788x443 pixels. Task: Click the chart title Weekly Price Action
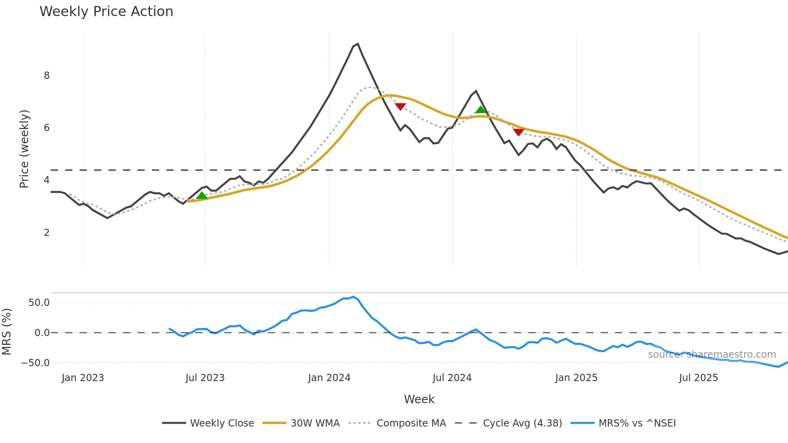pyautogui.click(x=106, y=12)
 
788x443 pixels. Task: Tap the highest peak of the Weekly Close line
pyautogui.click(x=357, y=44)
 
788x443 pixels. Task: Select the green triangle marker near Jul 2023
pyautogui.click(x=202, y=195)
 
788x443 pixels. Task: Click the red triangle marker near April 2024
pyautogui.click(x=400, y=106)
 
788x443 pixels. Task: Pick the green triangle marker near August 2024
pyautogui.click(x=480, y=110)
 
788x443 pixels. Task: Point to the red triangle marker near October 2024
pyautogui.click(x=519, y=132)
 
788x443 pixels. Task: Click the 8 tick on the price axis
pyautogui.click(x=47, y=76)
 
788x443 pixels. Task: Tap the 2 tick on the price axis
pyautogui.click(x=47, y=233)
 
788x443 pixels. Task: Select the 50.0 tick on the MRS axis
pyautogui.click(x=39, y=303)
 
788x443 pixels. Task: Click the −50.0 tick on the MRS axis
pyautogui.click(x=35, y=363)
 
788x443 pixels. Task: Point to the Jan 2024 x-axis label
pyautogui.click(x=329, y=378)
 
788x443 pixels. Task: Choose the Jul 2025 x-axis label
pyautogui.click(x=698, y=378)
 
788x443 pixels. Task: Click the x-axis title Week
pyautogui.click(x=419, y=399)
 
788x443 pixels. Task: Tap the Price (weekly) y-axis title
pyautogui.click(x=24, y=149)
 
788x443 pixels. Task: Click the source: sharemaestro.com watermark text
pyautogui.click(x=712, y=355)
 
